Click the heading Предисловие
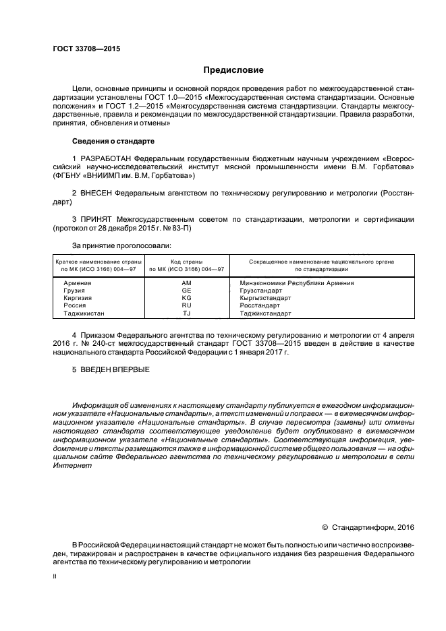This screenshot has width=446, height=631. [233, 70]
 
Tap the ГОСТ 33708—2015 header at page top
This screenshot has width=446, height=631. [82, 49]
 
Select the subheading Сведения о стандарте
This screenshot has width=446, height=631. [113, 142]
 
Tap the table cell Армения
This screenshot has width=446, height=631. [77, 283]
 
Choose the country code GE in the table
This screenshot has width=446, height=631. [187, 291]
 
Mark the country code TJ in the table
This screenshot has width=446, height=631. [187, 313]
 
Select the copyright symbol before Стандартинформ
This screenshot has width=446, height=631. [325, 527]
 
